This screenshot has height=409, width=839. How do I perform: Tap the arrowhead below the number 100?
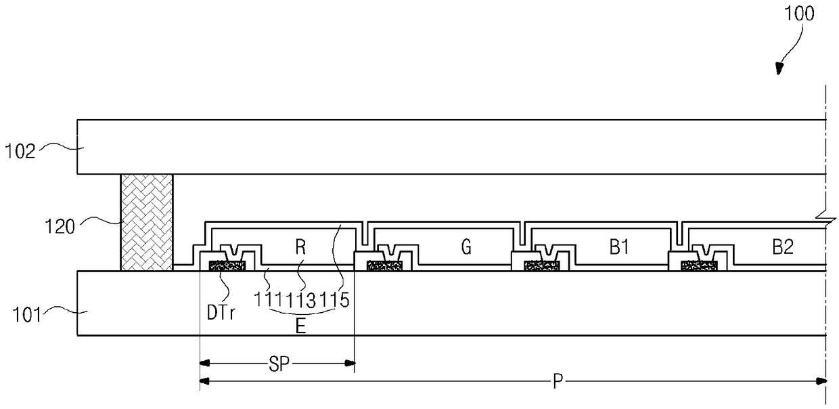[x=779, y=68]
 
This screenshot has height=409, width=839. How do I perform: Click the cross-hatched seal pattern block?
[x=146, y=222]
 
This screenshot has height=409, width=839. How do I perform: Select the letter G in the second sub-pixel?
[x=466, y=248]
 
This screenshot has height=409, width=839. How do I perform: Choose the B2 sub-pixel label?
[x=783, y=248]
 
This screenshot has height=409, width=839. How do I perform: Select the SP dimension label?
[x=277, y=364]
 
